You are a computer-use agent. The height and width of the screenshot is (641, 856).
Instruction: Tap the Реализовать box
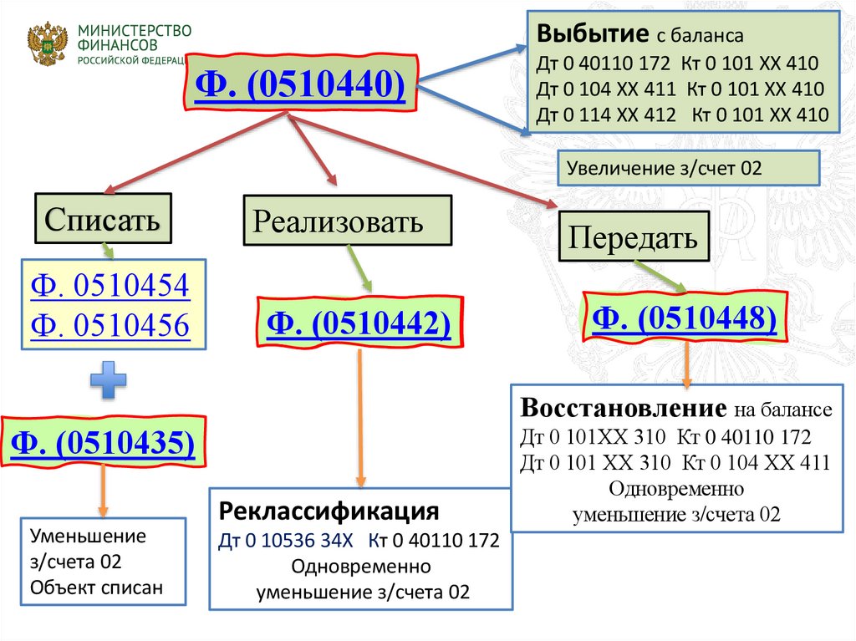point(347,221)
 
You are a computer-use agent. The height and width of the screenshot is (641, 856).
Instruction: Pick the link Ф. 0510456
point(110,324)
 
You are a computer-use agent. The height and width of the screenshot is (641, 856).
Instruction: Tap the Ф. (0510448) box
point(685,318)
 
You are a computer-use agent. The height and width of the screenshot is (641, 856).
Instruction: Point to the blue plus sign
point(110,381)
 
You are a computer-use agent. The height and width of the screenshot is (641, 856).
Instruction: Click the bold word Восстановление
point(622,410)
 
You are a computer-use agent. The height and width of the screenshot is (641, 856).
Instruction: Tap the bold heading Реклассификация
point(329,511)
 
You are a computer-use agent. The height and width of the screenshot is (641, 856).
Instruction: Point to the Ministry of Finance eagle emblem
point(48,44)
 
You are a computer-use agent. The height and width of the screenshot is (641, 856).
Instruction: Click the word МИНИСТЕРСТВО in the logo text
point(135,31)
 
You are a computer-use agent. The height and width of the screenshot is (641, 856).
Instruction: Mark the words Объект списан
point(96,588)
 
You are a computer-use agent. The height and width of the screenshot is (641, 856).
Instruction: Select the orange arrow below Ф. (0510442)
point(360,418)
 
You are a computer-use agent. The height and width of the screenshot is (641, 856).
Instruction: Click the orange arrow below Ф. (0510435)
point(104,490)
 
